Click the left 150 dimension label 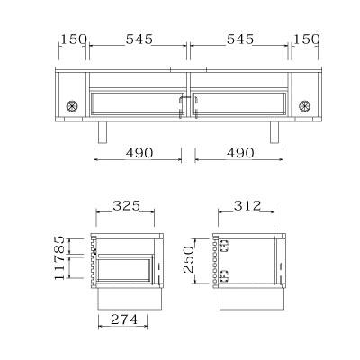(x=74, y=40)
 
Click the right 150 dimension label (x=306, y=40)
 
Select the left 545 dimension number (x=139, y=40)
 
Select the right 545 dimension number (x=240, y=40)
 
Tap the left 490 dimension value (x=139, y=153)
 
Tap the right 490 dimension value (x=240, y=153)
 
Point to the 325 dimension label (x=126, y=206)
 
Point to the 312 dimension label (x=247, y=206)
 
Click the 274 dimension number (x=124, y=319)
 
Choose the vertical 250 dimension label (x=189, y=259)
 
